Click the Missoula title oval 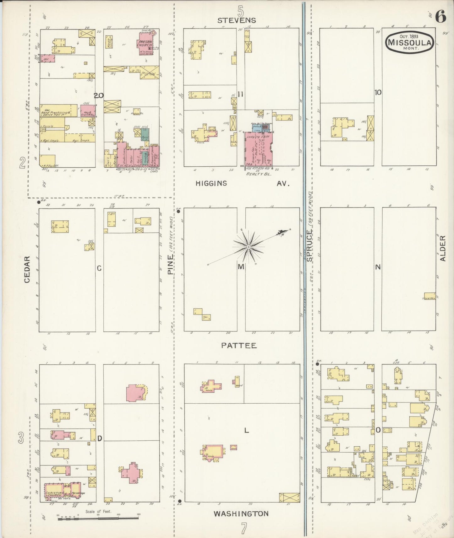[x=410, y=42]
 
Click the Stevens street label [x=237, y=20]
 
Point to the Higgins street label [x=211, y=183]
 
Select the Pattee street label [x=239, y=346]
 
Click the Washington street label [x=241, y=514]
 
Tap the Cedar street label [x=27, y=269]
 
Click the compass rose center [x=249, y=247]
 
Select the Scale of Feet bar [x=98, y=518]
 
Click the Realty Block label [x=258, y=174]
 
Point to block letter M [x=241, y=267]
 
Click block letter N [x=378, y=267]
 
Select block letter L [x=247, y=431]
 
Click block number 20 [x=99, y=96]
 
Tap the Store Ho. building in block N [x=429, y=297]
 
